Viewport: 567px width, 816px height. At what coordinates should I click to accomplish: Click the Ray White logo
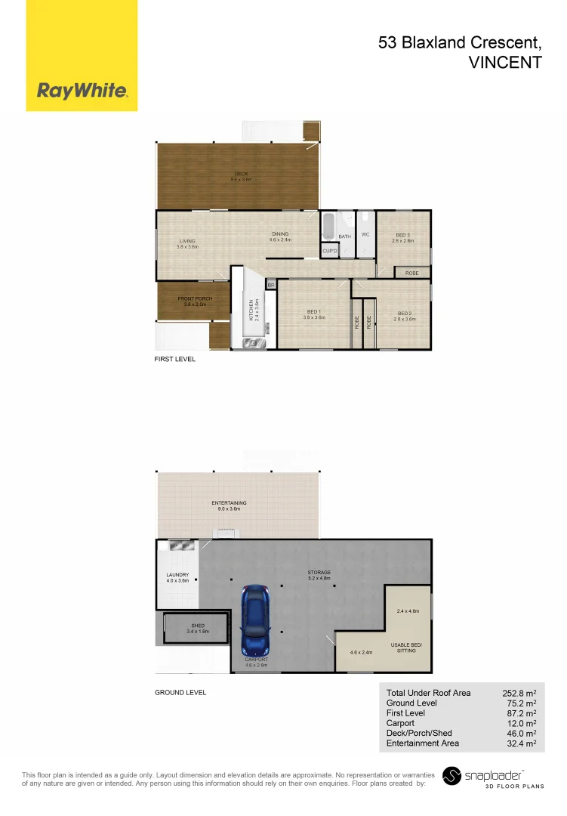pos(82,91)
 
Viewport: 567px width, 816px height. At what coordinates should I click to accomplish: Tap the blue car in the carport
pos(254,621)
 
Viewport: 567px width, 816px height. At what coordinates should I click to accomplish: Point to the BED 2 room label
pos(404,314)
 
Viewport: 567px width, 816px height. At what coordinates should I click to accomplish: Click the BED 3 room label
pos(402,235)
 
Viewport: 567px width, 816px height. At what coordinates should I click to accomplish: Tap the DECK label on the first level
pos(240,175)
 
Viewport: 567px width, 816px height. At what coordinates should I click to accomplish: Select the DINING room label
pos(280,234)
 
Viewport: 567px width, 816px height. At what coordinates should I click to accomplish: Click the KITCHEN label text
pos(251,310)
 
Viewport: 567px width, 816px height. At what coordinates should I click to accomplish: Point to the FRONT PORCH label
pos(195,299)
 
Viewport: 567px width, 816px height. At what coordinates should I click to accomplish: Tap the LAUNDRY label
pos(177,575)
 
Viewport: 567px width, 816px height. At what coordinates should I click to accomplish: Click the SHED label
pos(198,626)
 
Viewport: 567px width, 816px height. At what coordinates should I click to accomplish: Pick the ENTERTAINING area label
pos(229,503)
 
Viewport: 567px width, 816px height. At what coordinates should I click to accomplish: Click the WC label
pos(365,235)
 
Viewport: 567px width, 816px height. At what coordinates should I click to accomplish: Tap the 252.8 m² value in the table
pos(519,693)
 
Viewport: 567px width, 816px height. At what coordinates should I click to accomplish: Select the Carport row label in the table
pos(400,723)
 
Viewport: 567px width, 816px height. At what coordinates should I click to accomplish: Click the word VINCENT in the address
pos(505,63)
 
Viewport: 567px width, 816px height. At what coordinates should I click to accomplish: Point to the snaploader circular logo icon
pos(451,776)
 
